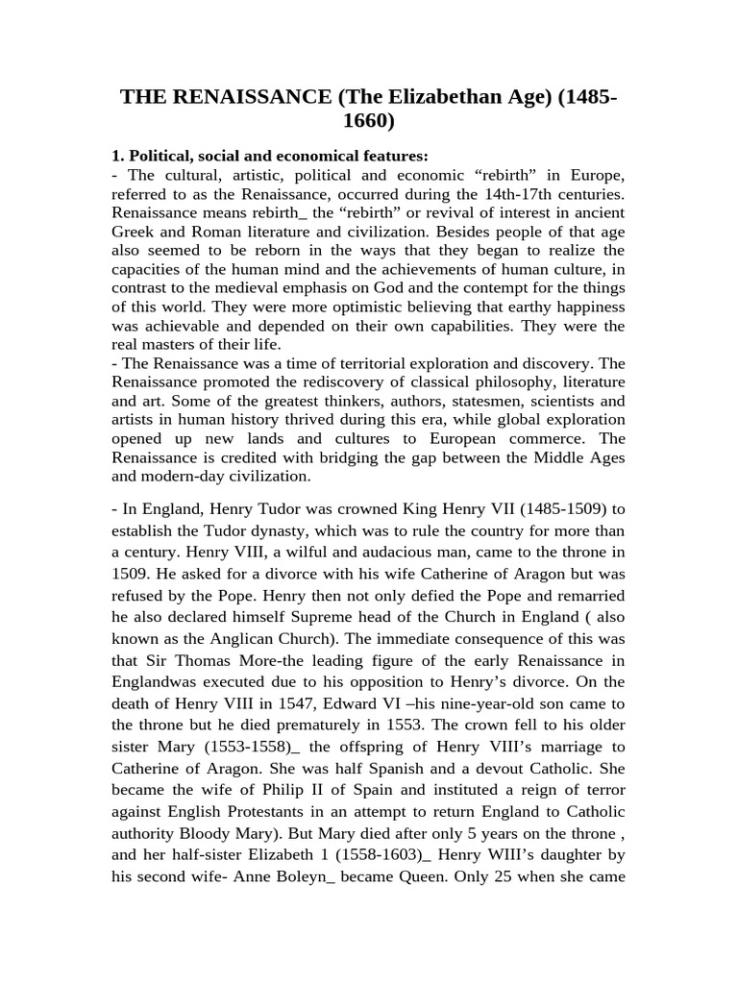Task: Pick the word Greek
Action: (x=133, y=231)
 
